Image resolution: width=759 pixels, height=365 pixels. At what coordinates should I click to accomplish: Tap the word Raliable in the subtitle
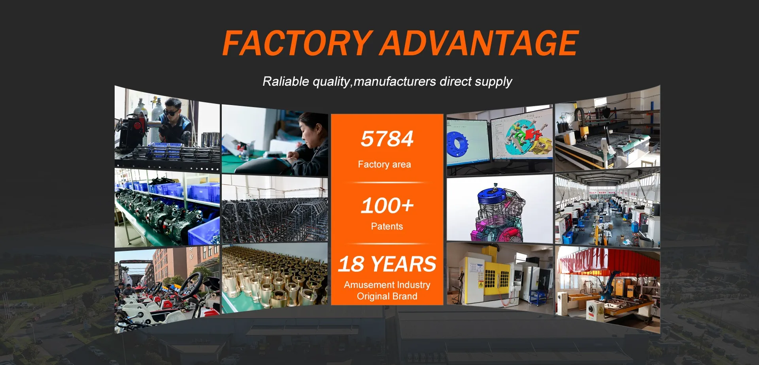tap(286, 81)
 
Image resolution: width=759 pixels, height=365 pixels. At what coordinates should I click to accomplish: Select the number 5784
tap(387, 139)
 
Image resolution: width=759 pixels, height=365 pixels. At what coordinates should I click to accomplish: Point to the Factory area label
tap(384, 164)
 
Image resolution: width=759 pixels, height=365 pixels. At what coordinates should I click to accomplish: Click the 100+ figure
tap(387, 205)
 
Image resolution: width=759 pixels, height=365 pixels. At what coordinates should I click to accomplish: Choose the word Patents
tap(387, 226)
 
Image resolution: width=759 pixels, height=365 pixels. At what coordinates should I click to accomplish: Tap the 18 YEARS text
tap(387, 264)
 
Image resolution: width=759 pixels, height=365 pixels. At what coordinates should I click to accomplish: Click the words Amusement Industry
tap(387, 285)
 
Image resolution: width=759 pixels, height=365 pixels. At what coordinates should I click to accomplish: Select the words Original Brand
tap(387, 296)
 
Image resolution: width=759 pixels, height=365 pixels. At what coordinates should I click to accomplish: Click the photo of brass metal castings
tap(275, 278)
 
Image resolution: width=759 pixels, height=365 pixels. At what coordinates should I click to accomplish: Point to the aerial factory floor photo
tap(608, 209)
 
